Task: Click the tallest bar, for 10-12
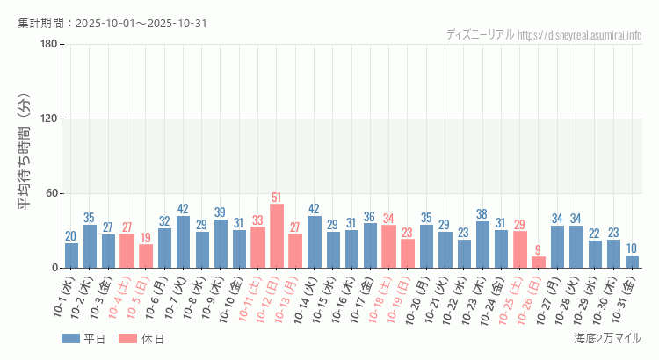coord(277,235)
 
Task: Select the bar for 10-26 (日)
coord(539,262)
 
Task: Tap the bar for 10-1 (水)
coord(71,256)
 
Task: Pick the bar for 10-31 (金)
coord(632,262)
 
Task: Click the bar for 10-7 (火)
coord(184,241)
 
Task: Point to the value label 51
coord(277,198)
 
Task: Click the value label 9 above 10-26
coord(539,250)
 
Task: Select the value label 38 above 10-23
coord(482,214)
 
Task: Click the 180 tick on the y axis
coord(48,45)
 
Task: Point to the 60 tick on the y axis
coord(51,193)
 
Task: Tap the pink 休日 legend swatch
coord(131,338)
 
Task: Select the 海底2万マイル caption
coord(607,338)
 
